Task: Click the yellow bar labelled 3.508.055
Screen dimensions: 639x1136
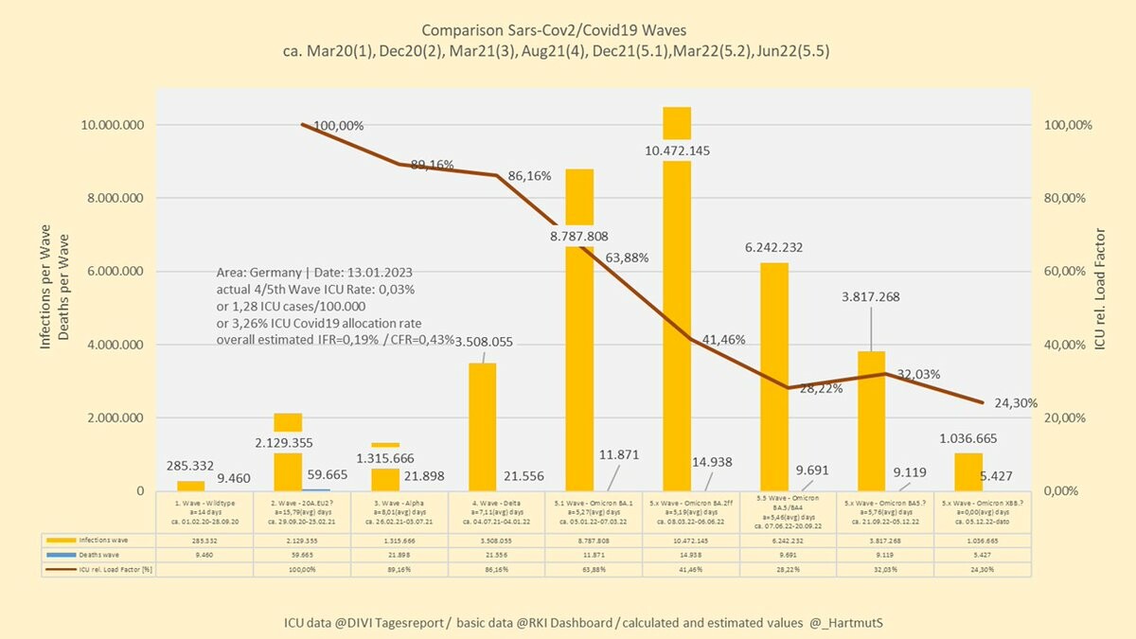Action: (483, 426)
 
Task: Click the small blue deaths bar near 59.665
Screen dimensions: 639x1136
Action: (316, 488)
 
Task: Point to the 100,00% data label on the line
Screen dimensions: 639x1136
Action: (339, 125)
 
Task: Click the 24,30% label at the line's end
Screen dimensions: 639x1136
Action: (1016, 402)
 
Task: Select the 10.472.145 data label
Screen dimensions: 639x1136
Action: (676, 151)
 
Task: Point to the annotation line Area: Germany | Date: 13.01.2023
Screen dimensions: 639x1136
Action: (314, 273)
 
